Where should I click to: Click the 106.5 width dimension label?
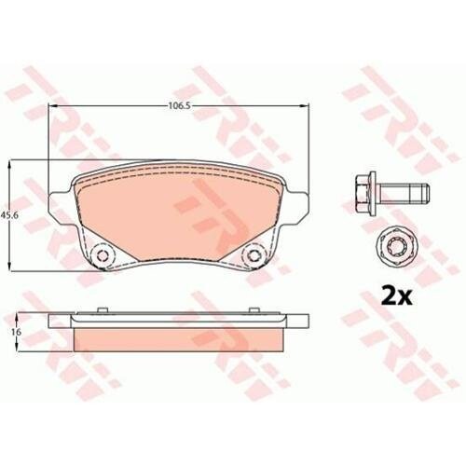pos(179,105)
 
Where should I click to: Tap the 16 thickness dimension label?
pos(17,332)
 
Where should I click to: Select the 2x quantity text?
pos(396,297)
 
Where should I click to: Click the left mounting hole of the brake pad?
pos(102,255)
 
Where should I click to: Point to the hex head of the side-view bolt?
pos(366,193)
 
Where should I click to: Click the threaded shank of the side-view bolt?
pos(404,194)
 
